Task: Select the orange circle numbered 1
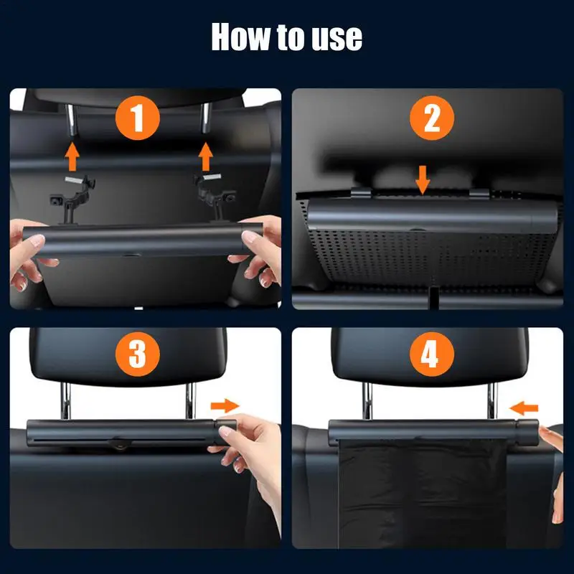coord(138,118)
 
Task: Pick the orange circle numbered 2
coord(432,118)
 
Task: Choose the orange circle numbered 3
coord(138,354)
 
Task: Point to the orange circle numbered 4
coord(432,354)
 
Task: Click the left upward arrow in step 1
coord(72,156)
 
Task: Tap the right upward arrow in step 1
coord(206,156)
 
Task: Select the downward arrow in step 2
coord(423,180)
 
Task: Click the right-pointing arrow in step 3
coord(225,405)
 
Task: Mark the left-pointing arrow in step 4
coord(524,408)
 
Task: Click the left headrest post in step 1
coord(71,120)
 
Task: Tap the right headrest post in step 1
coord(206,118)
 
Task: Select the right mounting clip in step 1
coord(213,197)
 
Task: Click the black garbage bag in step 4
coord(423,494)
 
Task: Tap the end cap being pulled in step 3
coord(225,432)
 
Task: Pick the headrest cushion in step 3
coord(128,357)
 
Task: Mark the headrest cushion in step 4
coord(430,357)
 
